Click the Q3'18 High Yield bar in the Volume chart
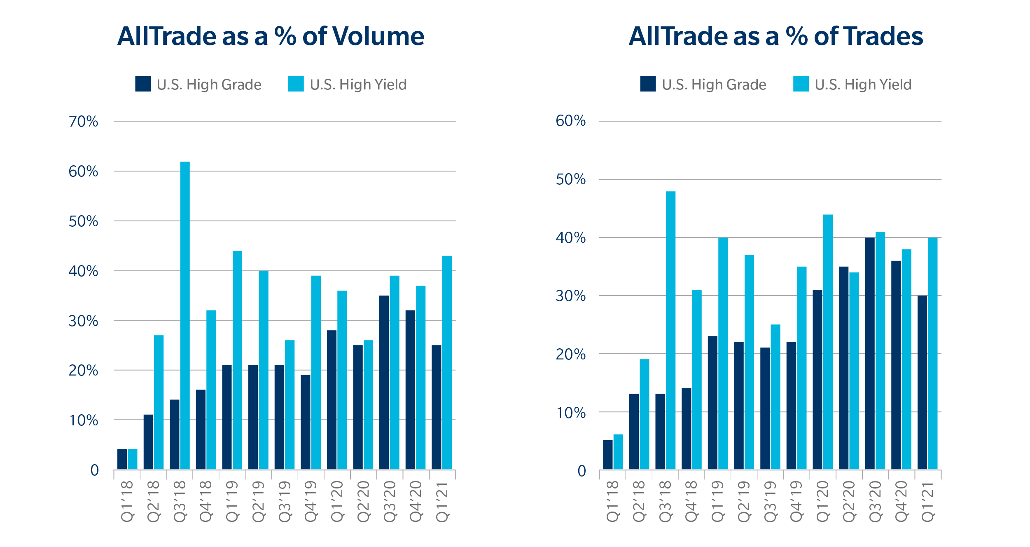(185, 315)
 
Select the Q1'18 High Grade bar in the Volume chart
(122, 459)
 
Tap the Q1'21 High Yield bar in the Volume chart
(447, 362)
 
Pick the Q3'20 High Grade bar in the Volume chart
(384, 382)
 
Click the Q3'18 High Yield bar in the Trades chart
(670, 330)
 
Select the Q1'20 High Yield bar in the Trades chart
(828, 342)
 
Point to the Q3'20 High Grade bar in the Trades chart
(870, 353)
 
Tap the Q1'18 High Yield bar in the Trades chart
(618, 452)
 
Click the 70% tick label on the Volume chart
(83, 122)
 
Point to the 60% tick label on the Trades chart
(570, 121)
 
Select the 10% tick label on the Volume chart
(83, 420)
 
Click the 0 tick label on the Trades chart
(582, 471)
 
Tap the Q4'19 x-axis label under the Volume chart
(311, 501)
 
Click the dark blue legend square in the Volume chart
(143, 84)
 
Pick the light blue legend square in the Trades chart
(801, 84)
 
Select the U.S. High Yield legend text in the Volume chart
(358, 85)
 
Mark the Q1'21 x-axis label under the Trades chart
(927, 501)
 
